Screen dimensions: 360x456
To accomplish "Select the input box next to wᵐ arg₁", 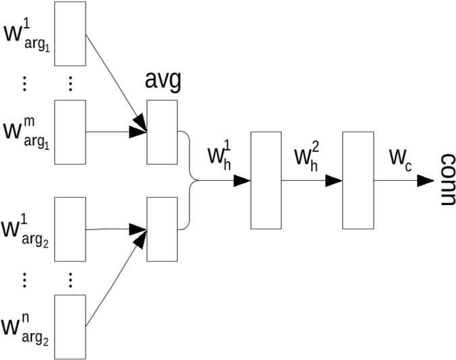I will [70, 131].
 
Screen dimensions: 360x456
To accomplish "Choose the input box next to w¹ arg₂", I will [70, 229].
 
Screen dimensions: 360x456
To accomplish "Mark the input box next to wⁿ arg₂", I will [70, 327].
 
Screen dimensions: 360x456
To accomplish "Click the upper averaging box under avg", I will [162, 132].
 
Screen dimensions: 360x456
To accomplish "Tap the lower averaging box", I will [162, 229].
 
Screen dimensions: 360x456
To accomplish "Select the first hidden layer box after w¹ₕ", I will [266, 180].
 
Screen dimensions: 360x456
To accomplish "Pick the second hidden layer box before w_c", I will [358, 180].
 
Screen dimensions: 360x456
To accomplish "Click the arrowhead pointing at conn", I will [425, 181].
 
